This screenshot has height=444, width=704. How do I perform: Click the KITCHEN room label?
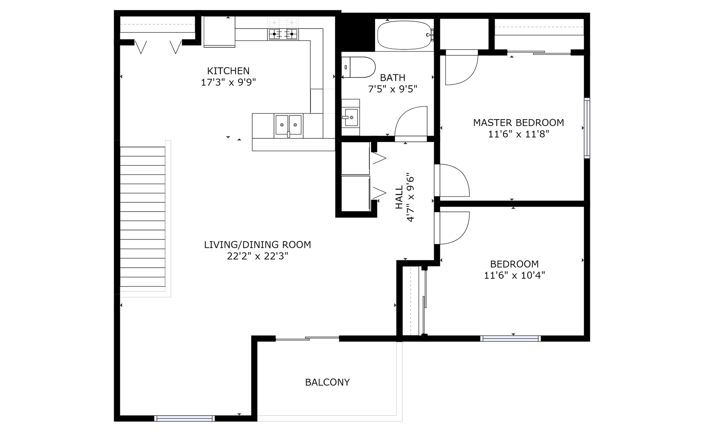click(228, 71)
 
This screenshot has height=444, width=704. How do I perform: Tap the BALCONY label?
click(327, 382)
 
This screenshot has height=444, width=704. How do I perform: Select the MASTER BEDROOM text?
click(518, 122)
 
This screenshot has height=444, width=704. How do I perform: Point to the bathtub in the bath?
click(404, 35)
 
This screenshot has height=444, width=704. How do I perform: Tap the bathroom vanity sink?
click(351, 117)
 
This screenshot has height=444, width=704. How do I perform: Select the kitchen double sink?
click(289, 125)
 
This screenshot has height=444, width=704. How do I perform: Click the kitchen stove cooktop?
click(283, 34)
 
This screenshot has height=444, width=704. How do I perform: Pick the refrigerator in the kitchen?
click(219, 32)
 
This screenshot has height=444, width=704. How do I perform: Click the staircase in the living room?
click(143, 217)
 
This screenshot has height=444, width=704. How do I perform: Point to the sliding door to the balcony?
click(307, 338)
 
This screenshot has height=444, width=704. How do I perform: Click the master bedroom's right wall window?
click(587, 128)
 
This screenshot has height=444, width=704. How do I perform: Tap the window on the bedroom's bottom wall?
click(510, 338)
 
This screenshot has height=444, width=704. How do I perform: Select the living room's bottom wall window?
click(184, 418)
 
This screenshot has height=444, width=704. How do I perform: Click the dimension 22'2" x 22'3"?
click(257, 256)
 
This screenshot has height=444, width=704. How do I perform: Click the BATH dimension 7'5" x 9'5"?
click(393, 89)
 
